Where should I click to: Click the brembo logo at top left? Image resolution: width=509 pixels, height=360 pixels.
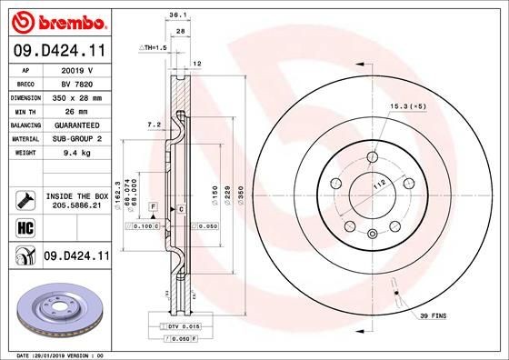click(x=56, y=20)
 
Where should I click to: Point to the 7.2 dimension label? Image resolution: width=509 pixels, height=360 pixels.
click(x=154, y=123)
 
